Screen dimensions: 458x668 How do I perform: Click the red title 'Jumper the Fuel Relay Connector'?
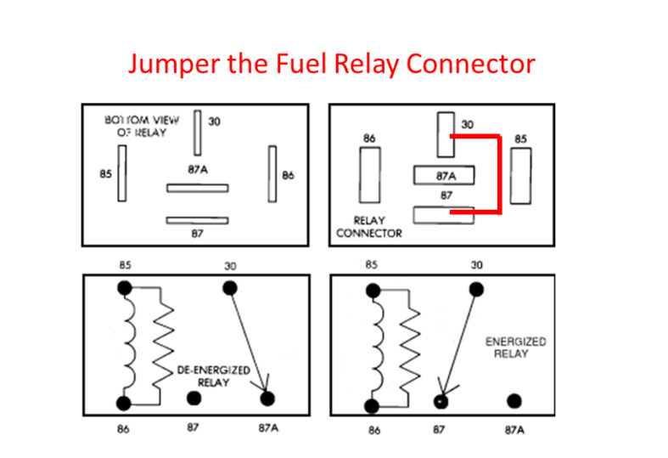coord(332,64)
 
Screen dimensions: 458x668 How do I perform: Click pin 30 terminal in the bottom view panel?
coord(197,133)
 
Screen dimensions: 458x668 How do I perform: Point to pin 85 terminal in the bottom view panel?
coord(121,173)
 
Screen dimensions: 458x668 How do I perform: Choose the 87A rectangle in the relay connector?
coord(443,175)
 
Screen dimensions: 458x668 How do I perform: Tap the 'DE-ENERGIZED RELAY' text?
coord(202,376)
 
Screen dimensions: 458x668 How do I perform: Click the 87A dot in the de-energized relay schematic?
coord(267,398)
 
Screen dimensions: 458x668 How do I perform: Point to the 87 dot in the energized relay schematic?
coord(441,401)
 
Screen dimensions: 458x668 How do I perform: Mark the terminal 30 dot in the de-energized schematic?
coord(229,287)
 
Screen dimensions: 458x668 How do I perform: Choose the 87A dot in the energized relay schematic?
coord(514,401)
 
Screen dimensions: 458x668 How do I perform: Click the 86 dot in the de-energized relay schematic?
coord(125,402)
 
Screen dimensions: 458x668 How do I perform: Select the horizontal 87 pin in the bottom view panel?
coord(197,219)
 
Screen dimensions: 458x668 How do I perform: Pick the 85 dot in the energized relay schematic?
coord(373,290)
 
